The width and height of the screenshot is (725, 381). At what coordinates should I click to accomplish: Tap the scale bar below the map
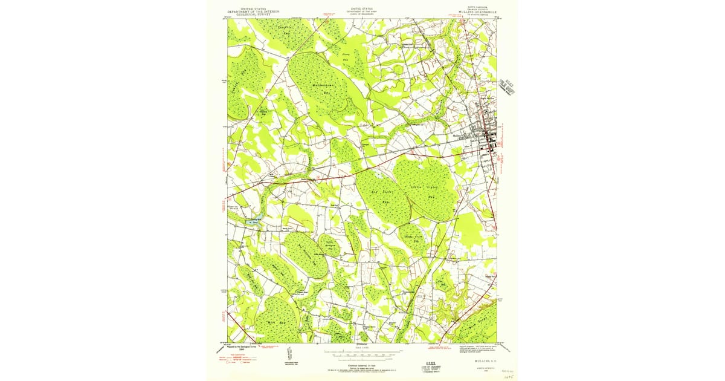(x=361, y=350)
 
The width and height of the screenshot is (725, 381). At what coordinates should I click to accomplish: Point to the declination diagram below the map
(x=290, y=352)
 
